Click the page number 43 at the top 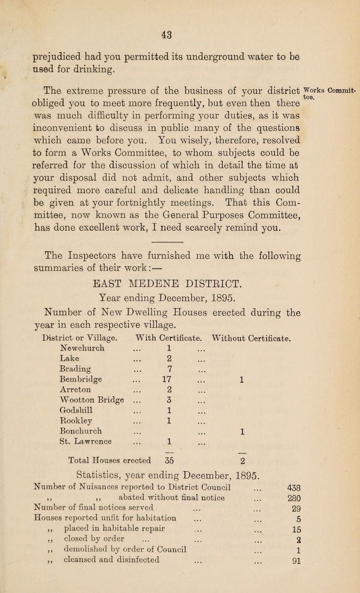180,20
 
